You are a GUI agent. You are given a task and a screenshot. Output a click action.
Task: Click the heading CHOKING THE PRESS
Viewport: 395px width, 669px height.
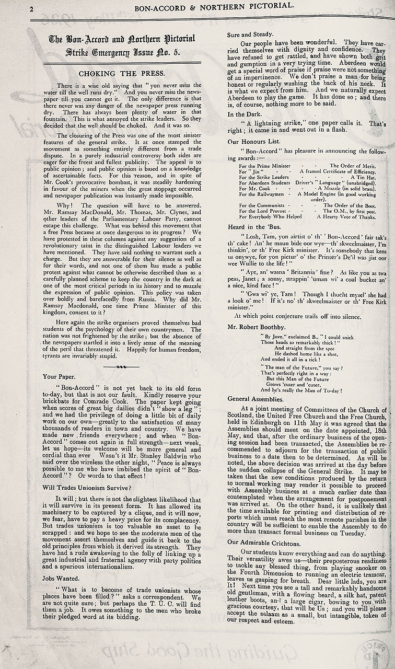tap(122, 73)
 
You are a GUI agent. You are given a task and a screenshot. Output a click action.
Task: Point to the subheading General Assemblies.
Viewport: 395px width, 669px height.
tap(255, 398)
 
